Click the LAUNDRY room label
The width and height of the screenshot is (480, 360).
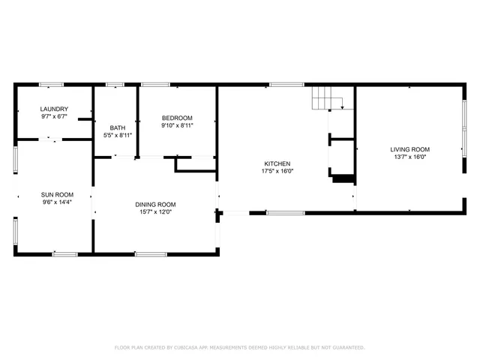pos(54,109)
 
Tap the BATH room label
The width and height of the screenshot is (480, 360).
pos(118,127)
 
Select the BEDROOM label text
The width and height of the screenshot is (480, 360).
pos(177,118)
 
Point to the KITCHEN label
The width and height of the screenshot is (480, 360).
pos(277,163)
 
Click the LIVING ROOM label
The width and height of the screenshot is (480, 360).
pos(409,149)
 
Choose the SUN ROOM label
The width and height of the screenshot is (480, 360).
pos(57,194)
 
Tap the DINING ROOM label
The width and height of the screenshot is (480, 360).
pos(155,205)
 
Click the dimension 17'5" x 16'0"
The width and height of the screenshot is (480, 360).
pos(277,171)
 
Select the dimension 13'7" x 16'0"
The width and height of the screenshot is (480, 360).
pos(409,157)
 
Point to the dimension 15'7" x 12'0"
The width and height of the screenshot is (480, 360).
pos(155,212)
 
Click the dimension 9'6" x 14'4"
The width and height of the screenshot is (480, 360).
pos(57,202)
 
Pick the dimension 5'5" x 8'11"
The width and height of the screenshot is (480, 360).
pos(118,135)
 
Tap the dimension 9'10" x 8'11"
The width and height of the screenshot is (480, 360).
pos(177,126)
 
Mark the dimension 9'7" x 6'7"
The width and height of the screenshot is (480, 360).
pos(54,117)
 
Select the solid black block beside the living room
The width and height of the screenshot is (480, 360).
pos(342,178)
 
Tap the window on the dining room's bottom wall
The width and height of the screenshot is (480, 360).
pos(150,254)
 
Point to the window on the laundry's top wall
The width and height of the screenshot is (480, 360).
pos(51,84)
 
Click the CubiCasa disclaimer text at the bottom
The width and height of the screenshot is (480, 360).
pos(239,347)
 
